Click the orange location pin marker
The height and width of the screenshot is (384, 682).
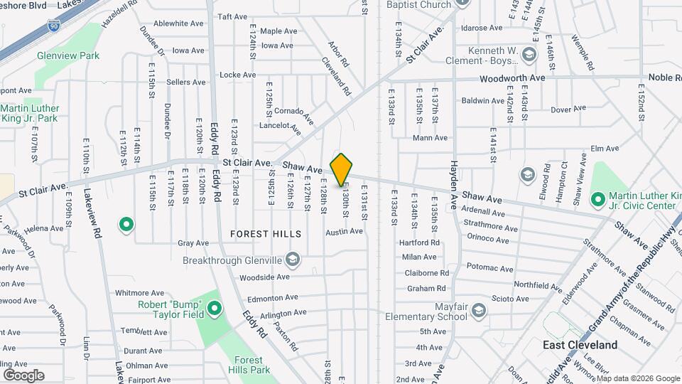pos(342,169)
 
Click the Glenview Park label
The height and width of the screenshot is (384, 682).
pos(68,55)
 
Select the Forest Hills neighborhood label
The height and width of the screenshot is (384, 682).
pos(266,234)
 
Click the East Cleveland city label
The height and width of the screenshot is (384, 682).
pos(580,345)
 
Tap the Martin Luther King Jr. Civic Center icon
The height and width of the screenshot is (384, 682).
pos(597,196)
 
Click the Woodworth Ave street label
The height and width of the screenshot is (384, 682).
pos(512,78)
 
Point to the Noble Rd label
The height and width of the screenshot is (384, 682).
pos(664,77)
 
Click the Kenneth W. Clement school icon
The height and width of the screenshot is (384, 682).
pos(528,54)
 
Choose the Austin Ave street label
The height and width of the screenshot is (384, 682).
pos(344,231)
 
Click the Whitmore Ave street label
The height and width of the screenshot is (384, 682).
pos(139,293)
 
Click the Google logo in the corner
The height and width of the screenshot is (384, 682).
pos(24,375)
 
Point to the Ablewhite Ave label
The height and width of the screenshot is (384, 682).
pos(179,23)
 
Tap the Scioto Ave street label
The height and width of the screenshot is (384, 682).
pos(511,299)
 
